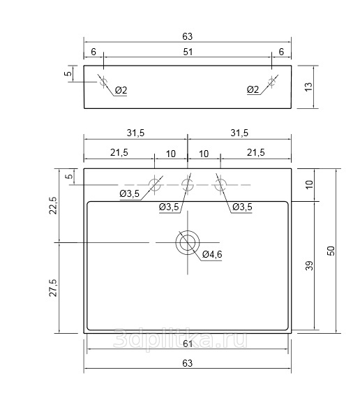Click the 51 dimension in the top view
tap(188, 52)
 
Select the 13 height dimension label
tap(308, 87)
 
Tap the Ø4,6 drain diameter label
tap(212, 254)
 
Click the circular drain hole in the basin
tap(188, 242)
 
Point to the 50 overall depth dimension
tap(331, 251)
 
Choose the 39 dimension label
tap(309, 265)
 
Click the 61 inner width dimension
tap(188, 344)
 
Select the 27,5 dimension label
tap(53, 288)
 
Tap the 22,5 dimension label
tap(53, 205)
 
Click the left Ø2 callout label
tap(121, 90)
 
